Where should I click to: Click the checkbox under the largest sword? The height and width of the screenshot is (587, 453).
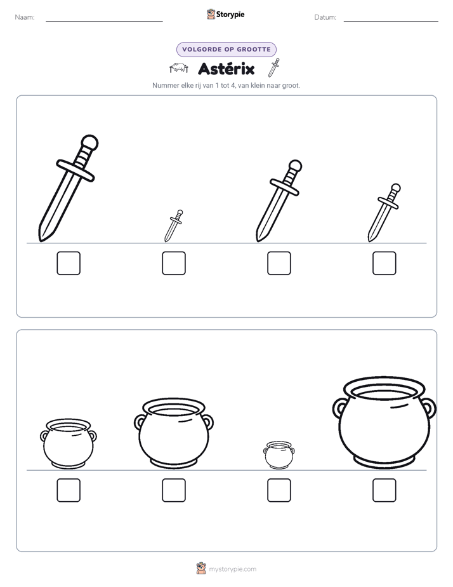[x=69, y=263]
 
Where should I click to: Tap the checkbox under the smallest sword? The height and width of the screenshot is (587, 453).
[x=174, y=263]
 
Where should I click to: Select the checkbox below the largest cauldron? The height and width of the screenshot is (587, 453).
[x=384, y=490]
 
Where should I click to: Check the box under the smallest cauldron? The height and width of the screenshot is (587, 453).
[x=279, y=490]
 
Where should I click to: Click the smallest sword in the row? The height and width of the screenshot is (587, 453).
[x=173, y=226]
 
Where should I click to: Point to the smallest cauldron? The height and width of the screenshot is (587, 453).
[x=279, y=455]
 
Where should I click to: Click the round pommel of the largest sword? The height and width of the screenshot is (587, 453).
[x=89, y=143]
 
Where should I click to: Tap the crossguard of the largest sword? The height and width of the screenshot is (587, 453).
[x=75, y=171]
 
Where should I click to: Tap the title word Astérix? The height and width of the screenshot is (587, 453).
[x=226, y=69]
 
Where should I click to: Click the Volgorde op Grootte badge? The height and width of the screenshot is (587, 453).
[x=226, y=50]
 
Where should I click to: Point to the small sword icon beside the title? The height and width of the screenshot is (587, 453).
[x=274, y=67]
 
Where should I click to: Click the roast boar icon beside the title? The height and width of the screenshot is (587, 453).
[x=179, y=68]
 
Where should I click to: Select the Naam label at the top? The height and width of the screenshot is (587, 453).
[x=25, y=17]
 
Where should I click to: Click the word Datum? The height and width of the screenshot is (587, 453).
[x=325, y=17]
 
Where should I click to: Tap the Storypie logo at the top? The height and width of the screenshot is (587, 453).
[x=225, y=14]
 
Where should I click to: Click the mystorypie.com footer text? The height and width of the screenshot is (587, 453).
[x=232, y=569]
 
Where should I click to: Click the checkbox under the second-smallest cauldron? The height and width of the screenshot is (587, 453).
[x=69, y=490]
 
